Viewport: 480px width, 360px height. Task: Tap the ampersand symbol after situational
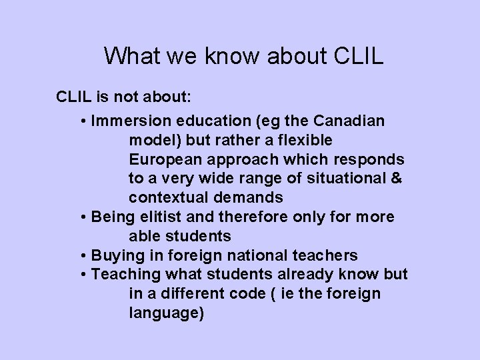click(x=396, y=179)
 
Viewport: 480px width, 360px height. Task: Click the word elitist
click(x=155, y=217)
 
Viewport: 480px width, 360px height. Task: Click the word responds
click(x=375, y=160)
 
